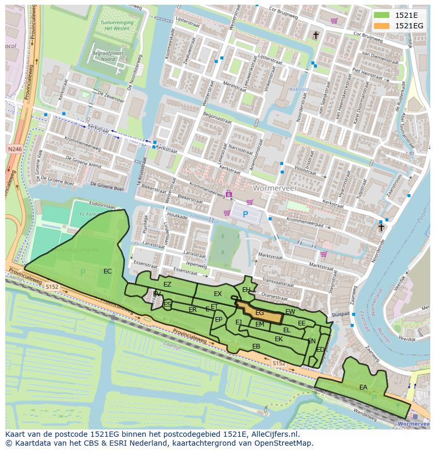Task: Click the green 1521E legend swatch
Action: click(x=382, y=15)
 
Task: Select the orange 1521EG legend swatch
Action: click(x=382, y=26)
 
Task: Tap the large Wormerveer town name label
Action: click(x=274, y=187)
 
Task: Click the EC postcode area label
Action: click(x=107, y=271)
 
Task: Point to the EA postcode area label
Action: click(x=363, y=387)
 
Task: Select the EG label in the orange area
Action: click(x=260, y=313)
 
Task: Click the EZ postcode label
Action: click(x=167, y=285)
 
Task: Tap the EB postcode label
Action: click(x=256, y=346)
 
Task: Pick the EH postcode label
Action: click(x=246, y=289)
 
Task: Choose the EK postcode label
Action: click(x=278, y=339)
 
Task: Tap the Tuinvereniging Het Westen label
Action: click(x=116, y=26)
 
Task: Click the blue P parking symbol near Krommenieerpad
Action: click(x=245, y=214)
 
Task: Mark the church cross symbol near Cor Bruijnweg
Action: click(x=316, y=35)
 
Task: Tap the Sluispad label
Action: click(x=340, y=314)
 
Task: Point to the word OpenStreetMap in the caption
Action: click(x=284, y=443)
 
